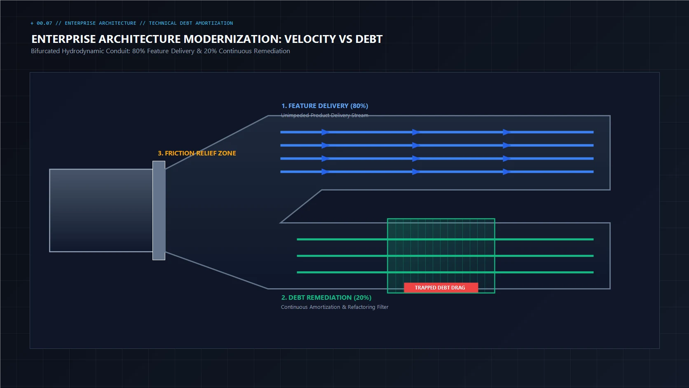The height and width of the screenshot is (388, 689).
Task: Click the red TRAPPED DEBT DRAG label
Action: pyautogui.click(x=441, y=287)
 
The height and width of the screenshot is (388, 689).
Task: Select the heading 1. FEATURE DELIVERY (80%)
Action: pyautogui.click(x=325, y=106)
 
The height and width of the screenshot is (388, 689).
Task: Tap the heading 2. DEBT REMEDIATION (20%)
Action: pyautogui.click(x=326, y=298)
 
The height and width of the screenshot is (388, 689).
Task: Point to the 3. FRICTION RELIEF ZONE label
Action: pyautogui.click(x=197, y=153)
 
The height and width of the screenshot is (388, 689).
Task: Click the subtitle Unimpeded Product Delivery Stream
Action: pyautogui.click(x=324, y=115)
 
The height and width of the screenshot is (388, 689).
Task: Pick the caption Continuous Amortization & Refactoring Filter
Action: pyautogui.click(x=335, y=307)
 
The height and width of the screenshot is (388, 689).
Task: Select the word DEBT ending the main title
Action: pyautogui.click(x=369, y=39)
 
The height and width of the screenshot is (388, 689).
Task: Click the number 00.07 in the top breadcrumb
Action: pyautogui.click(x=44, y=23)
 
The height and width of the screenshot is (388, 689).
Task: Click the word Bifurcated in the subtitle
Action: pyautogui.click(x=45, y=51)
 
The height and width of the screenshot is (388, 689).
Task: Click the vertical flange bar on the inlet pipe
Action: pyautogui.click(x=159, y=210)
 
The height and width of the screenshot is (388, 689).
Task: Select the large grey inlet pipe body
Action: pyautogui.click(x=101, y=210)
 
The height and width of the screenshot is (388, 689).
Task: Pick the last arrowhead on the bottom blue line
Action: pyautogui.click(x=507, y=172)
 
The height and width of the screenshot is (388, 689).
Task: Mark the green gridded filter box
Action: pyautogui.click(x=441, y=256)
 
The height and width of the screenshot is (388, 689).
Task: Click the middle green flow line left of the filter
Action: pyautogui.click(x=342, y=256)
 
